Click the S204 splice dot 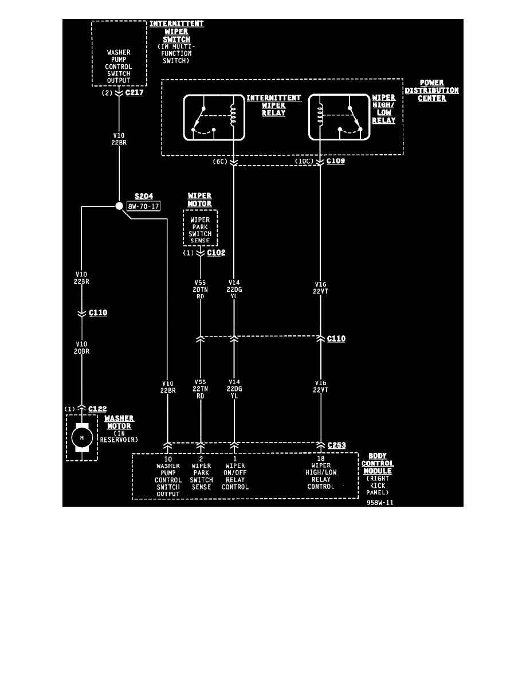(119, 206)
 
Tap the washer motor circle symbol (82, 437)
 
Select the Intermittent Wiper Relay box (214, 118)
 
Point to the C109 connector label (335, 162)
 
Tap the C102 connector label (216, 252)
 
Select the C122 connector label (97, 408)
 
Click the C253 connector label (336, 445)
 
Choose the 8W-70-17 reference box (143, 206)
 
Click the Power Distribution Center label (431, 90)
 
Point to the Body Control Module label (377, 463)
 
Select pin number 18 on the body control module (320, 459)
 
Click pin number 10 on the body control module (168, 459)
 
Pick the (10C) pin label (304, 162)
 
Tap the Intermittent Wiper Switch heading (176, 32)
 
